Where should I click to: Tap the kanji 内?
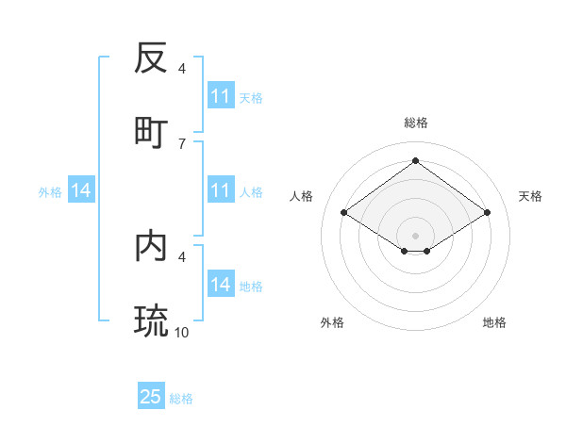point(151,246)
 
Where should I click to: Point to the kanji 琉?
point(151,321)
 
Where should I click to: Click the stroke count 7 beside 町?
point(182,143)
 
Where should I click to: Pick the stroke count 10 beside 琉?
point(182,332)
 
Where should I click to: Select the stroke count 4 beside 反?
point(182,69)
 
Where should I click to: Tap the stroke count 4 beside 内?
point(182,256)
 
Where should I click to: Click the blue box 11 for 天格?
point(221,96)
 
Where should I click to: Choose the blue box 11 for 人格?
point(221,190)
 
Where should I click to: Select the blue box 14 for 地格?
point(221,285)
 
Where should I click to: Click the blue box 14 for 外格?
point(81,190)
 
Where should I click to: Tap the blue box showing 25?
point(151,397)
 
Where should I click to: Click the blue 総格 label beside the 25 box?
point(181,399)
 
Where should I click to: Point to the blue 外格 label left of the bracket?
point(50,192)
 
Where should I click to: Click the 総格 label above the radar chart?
point(415,123)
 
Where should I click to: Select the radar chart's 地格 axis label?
point(494,322)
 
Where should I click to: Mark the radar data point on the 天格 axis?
point(487,213)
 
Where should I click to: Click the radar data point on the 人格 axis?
point(344,213)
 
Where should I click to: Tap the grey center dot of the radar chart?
point(415,235)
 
